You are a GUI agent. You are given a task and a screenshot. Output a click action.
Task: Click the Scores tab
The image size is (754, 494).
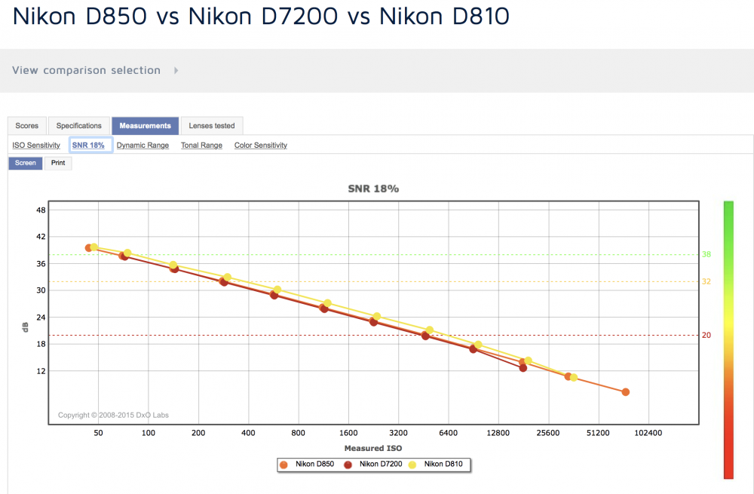click(x=27, y=125)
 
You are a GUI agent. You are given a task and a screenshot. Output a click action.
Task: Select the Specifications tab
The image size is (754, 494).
click(x=79, y=125)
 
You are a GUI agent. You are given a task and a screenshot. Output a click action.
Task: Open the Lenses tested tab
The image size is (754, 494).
click(x=212, y=125)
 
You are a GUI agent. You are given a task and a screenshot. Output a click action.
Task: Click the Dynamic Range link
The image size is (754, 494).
click(x=143, y=146)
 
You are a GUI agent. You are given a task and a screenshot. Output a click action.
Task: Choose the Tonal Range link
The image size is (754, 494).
click(x=201, y=146)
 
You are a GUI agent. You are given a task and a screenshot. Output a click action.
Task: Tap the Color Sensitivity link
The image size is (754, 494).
click(x=261, y=146)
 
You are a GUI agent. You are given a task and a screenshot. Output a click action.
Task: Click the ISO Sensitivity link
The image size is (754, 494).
click(x=36, y=146)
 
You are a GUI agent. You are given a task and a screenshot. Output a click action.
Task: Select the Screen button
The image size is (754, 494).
click(x=26, y=163)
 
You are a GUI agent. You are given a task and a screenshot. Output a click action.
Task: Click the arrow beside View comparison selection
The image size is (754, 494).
click(x=176, y=70)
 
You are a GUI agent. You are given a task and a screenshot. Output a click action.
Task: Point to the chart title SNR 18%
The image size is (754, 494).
click(x=373, y=189)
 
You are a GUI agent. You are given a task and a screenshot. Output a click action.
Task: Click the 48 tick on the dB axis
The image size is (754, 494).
click(x=41, y=210)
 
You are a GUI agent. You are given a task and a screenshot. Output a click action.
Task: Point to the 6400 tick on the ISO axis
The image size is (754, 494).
click(x=448, y=433)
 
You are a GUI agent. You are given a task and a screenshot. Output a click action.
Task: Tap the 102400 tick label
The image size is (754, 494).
click(x=648, y=433)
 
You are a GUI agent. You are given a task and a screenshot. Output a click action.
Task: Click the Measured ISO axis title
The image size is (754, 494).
click(x=373, y=448)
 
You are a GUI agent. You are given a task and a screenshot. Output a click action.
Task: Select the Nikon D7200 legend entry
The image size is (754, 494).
click(x=374, y=464)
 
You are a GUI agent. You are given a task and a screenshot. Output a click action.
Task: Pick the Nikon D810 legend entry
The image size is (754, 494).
click(x=436, y=464)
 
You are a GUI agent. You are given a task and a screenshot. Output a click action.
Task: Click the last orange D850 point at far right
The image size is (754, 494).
click(x=625, y=392)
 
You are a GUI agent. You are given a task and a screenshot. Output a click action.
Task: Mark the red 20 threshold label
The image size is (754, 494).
click(x=706, y=336)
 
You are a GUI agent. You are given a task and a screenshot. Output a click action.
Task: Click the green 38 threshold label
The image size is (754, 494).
click(x=706, y=254)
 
